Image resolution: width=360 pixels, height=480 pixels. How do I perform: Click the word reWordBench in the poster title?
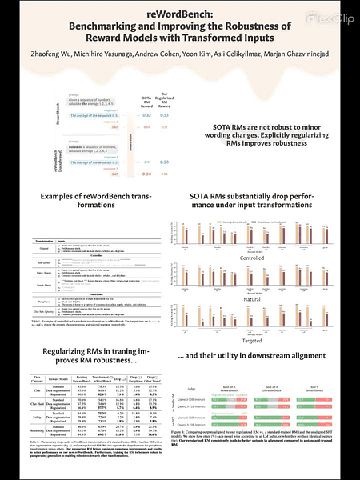(x=179, y=13)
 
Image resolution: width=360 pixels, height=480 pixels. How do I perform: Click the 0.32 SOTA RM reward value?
(x=146, y=115)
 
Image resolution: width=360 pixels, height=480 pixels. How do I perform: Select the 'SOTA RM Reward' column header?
(x=146, y=99)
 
